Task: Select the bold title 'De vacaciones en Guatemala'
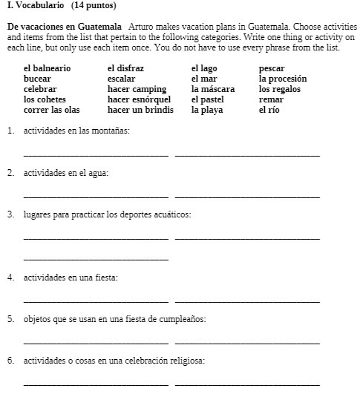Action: coord(65,27)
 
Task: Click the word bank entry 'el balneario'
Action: coord(47,68)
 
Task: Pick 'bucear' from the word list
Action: coord(37,78)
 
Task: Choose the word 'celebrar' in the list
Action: coord(40,89)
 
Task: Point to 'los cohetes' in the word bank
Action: coord(45,99)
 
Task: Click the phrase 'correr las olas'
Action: coord(51,110)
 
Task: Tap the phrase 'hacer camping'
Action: coord(137,89)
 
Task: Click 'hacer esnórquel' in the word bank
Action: coord(139,99)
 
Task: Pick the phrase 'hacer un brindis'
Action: coord(140,110)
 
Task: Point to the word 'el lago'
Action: coord(204,68)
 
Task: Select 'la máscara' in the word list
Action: coord(212,89)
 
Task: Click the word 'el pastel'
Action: coord(207,99)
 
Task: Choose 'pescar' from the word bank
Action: coord(272,68)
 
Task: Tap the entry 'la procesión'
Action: coord(283,78)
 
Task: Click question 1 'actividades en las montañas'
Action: coord(76,131)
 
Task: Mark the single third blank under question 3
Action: coord(96,257)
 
